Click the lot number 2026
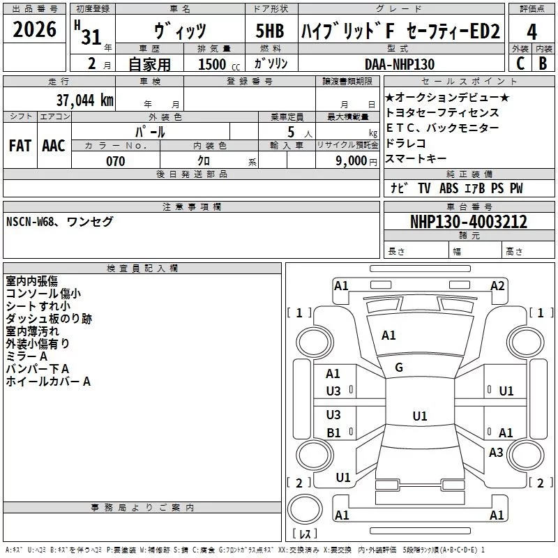coord(34,31)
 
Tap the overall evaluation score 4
coord(532,31)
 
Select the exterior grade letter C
coord(520,63)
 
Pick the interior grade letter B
coord(543,63)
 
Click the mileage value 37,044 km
coord(84,100)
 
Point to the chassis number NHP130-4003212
coord(468,223)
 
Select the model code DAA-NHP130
coord(400,64)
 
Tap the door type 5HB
coord(270,31)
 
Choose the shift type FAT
coord(20,146)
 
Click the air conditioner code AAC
coord(53,146)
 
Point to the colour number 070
coord(115,161)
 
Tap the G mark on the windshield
coord(399,368)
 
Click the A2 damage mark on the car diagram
coord(497,285)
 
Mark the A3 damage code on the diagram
coord(496,453)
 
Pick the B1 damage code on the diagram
coord(333,432)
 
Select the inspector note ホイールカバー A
coord(48,382)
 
